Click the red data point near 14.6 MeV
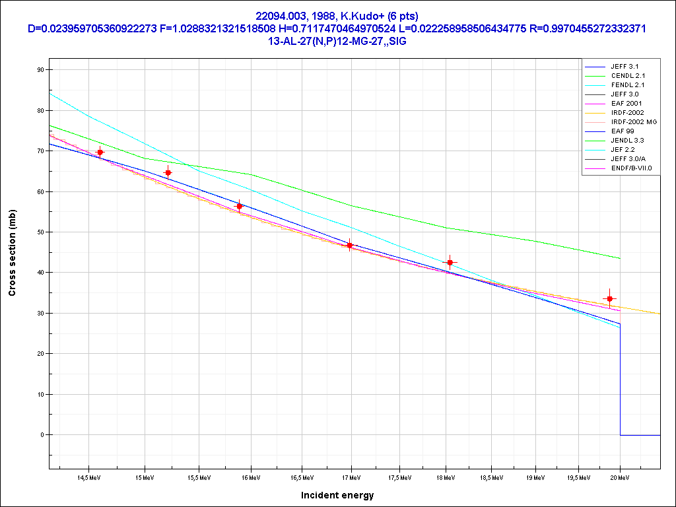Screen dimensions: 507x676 click(100, 152)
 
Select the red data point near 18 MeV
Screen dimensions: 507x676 click(450, 262)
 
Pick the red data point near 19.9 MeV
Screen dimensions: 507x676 click(609, 299)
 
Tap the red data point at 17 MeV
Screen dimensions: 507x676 click(350, 245)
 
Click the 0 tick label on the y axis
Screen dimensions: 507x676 click(42, 435)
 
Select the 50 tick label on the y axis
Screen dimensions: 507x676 click(40, 232)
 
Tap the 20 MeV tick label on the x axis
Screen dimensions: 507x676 click(619, 477)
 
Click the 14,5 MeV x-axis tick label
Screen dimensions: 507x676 click(90, 477)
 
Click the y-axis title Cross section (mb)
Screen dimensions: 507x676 click(13, 252)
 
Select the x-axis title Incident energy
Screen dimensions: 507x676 click(337, 495)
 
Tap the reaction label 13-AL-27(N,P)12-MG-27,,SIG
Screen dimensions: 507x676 click(337, 41)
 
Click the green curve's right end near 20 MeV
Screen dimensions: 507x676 click(619, 258)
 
